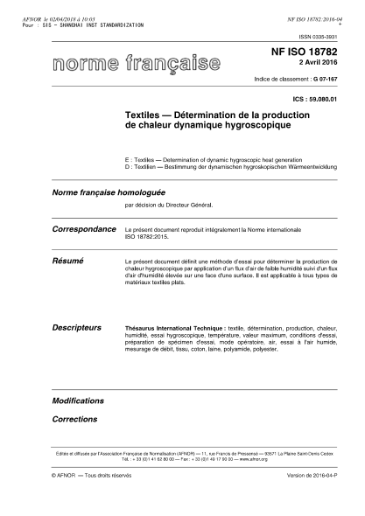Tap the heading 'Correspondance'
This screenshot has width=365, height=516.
[85, 227]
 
